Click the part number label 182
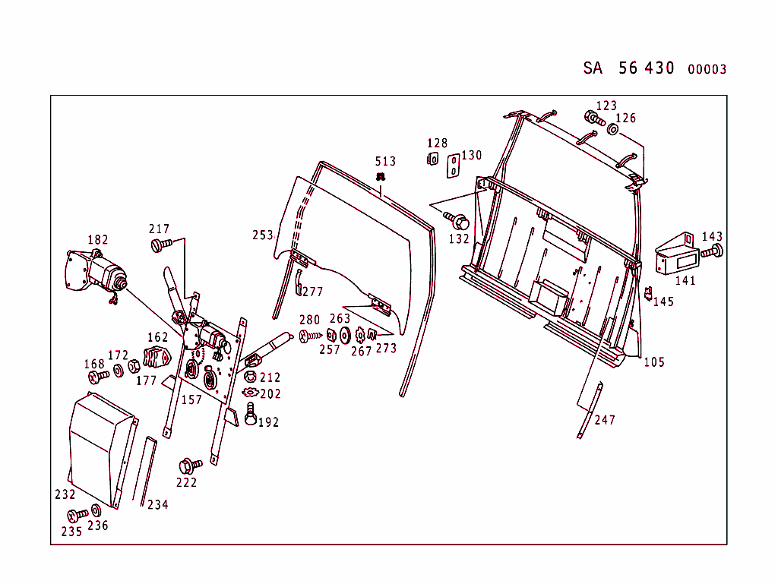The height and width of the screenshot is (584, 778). click(x=98, y=240)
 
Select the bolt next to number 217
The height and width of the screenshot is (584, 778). click(x=160, y=245)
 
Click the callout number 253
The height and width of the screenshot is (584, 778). click(x=263, y=235)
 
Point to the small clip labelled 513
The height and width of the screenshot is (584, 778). click(x=381, y=176)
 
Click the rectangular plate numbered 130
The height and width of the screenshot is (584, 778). click(x=452, y=166)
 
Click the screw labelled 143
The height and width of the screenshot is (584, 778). click(x=713, y=251)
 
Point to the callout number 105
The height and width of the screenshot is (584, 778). click(x=654, y=362)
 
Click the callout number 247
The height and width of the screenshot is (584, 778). click(x=605, y=420)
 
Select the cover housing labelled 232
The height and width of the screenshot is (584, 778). click(x=100, y=448)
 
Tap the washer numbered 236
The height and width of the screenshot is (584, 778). click(x=96, y=510)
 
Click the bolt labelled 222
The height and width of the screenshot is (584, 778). click(x=188, y=464)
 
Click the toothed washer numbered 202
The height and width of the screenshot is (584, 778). click(x=249, y=393)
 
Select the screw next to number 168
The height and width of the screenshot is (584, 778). click(x=97, y=375)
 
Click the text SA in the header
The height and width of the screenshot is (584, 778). click(x=593, y=68)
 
